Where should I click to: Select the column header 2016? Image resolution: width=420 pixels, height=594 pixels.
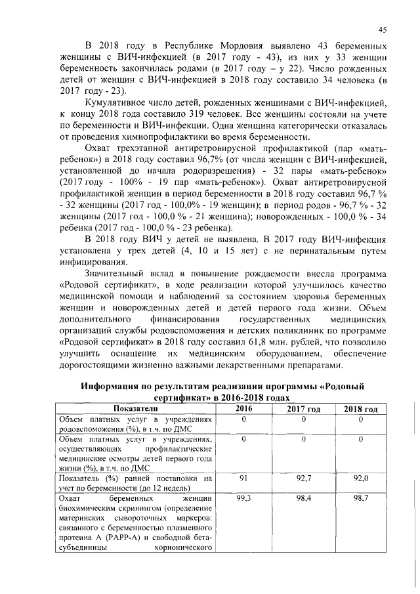tap(243, 408)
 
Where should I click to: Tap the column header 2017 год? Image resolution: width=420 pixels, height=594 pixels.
tap(303, 409)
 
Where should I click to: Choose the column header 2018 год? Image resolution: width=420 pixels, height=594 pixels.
tap(360, 409)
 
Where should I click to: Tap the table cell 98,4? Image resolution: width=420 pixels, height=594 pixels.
tap(303, 500)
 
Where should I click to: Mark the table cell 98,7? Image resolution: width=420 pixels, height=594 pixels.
tap(360, 500)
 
